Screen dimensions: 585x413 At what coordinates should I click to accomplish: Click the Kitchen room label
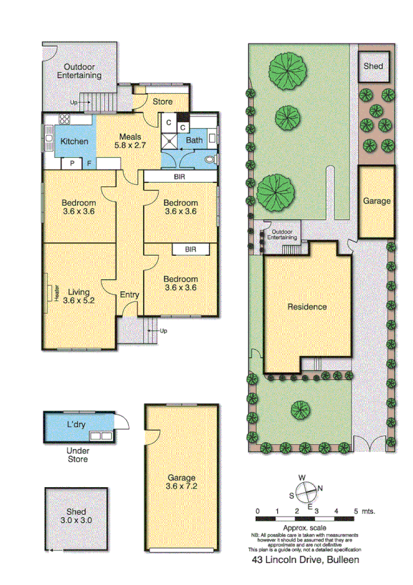[74, 141]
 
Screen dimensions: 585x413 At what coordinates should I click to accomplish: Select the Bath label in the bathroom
[194, 141]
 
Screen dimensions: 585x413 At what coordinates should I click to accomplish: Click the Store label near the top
[162, 102]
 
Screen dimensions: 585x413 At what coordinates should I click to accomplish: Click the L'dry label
[75, 424]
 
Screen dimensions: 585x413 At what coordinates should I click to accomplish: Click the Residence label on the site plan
[308, 307]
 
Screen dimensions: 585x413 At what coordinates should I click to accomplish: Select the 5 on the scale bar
[356, 512]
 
